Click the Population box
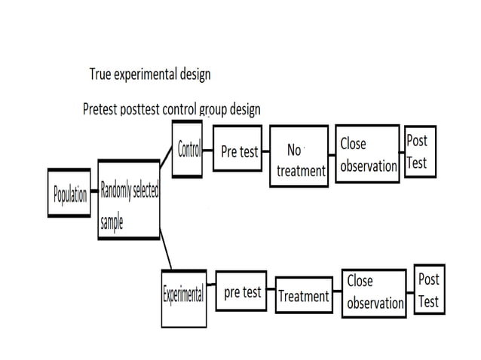click(x=69, y=195)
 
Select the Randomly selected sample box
click(x=128, y=200)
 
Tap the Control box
click(x=187, y=148)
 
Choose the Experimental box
click(x=183, y=296)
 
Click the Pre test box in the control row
click(x=239, y=151)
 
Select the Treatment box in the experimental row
click(x=303, y=296)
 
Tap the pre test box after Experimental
click(x=242, y=291)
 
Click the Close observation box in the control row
click(x=366, y=153)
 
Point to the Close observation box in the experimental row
click(x=375, y=291)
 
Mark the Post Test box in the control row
click(x=419, y=151)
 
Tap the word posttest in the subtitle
click(x=139, y=109)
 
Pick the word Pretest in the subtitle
click(x=100, y=109)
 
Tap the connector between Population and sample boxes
click(x=93, y=193)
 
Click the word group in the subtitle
click(x=213, y=110)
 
